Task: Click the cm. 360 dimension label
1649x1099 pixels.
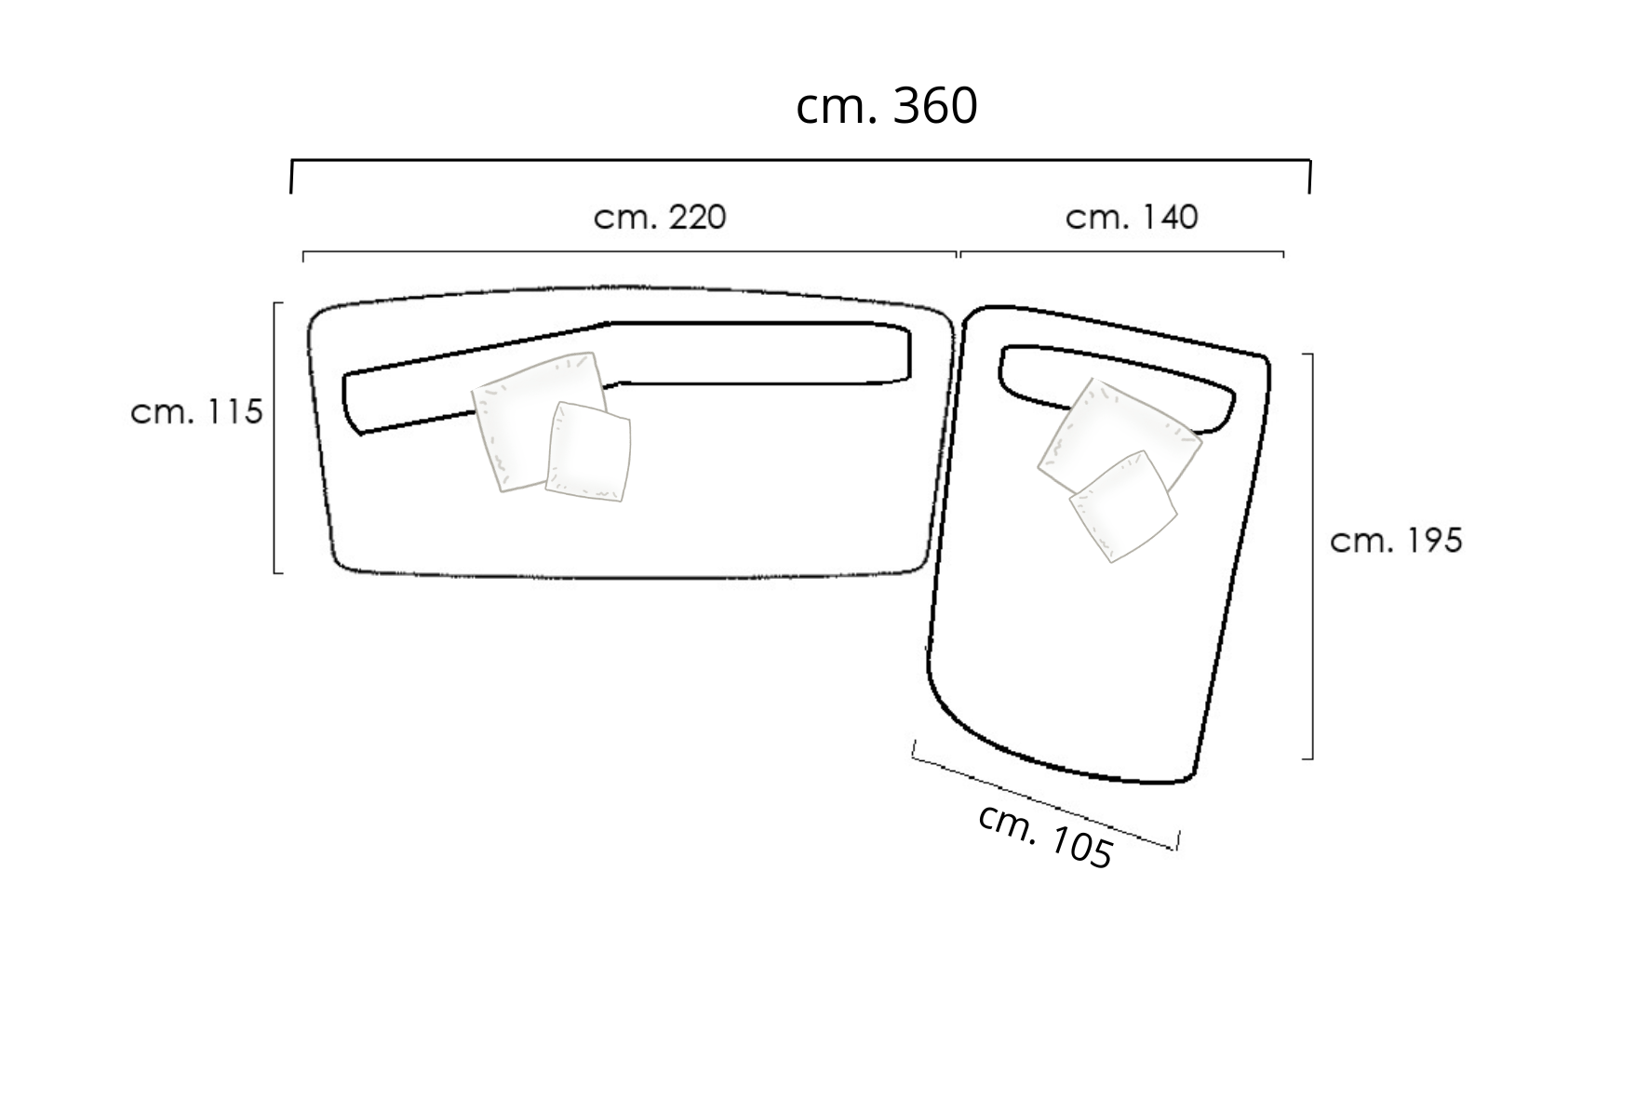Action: [x=886, y=106]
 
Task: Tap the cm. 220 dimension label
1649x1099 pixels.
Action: [x=660, y=218]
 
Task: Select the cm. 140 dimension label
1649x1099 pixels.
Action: [x=1132, y=218]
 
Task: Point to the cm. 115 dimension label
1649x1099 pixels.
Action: [x=197, y=411]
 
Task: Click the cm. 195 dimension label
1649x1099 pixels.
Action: [x=1396, y=541]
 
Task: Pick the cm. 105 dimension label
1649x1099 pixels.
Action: [x=1045, y=837]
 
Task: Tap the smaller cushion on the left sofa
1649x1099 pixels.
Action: [x=588, y=452]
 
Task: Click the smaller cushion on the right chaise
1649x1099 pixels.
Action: [x=1122, y=507]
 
